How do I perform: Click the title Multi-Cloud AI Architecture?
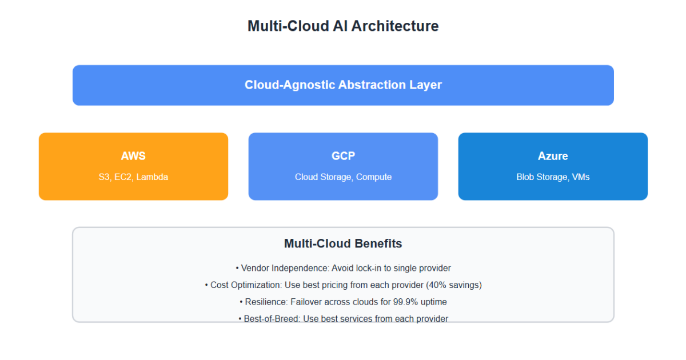click(x=343, y=26)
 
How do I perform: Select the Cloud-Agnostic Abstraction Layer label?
click(x=343, y=85)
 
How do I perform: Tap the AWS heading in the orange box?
click(x=133, y=156)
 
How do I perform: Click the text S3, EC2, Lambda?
click(x=133, y=177)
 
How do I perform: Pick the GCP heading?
click(x=343, y=156)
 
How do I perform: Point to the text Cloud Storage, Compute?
click(x=343, y=177)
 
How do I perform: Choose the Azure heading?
click(x=553, y=156)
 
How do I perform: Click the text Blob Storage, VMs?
click(x=553, y=177)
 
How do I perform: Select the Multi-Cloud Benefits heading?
click(x=343, y=244)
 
